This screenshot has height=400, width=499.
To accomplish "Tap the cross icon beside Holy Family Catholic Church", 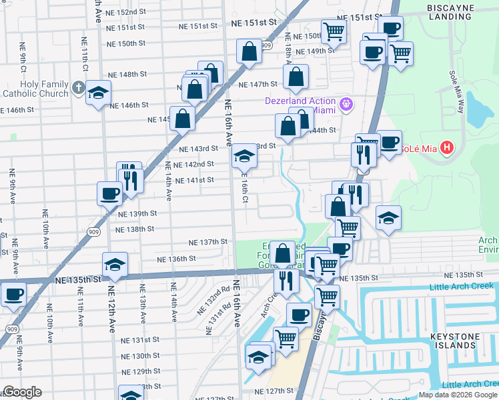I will tap(78, 87).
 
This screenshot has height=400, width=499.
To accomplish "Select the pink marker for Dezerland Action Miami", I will tap(346, 104).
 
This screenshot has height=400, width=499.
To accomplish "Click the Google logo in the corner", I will tap(21, 392).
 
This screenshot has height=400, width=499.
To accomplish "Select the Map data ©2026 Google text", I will tap(458, 395).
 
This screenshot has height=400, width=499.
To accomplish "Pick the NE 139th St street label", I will tap(137, 214).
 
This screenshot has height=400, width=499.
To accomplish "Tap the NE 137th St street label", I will tap(208, 243).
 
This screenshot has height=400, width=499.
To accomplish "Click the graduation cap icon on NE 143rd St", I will tap(244, 157).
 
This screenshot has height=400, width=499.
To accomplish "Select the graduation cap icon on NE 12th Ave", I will tap(115, 264).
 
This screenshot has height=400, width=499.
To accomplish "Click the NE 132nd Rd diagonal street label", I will tap(213, 301).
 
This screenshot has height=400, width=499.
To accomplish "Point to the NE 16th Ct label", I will tap(245, 190).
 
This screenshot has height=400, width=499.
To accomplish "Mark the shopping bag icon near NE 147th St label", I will tap(295, 77).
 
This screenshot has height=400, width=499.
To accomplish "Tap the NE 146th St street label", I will tap(125, 105).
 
